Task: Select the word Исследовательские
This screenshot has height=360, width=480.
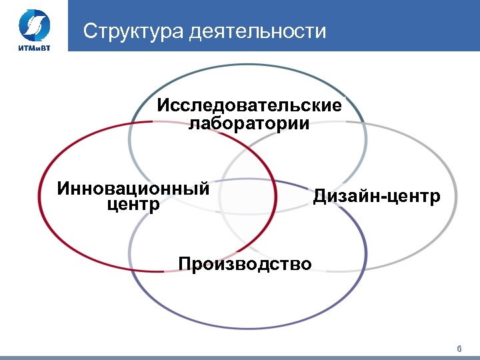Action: tap(249, 106)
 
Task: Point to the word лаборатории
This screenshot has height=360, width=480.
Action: tap(249, 124)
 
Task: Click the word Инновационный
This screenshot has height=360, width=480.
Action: tap(133, 188)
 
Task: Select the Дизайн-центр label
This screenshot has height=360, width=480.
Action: tap(377, 197)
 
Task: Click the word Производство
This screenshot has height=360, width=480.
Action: tap(245, 264)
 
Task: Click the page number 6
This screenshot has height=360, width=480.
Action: tap(459, 349)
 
